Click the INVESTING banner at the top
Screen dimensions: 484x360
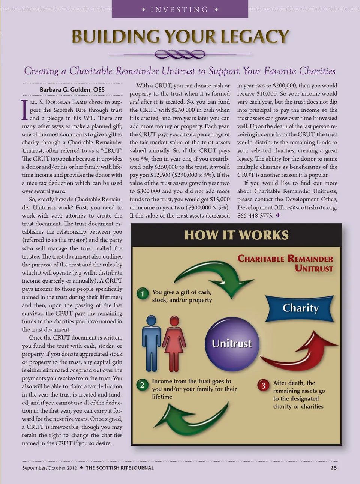(x=180, y=9)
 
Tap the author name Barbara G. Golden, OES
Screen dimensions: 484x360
(x=72, y=89)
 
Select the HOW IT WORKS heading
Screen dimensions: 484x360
(x=236, y=235)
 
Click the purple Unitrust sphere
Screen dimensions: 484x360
(x=232, y=343)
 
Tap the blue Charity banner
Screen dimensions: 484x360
(x=300, y=308)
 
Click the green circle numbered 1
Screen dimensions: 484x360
(x=142, y=293)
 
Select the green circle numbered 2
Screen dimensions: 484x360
(x=142, y=385)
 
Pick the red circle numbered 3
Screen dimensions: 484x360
(x=263, y=385)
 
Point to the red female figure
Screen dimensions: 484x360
(x=174, y=342)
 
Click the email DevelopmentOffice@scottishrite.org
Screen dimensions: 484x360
(x=287, y=207)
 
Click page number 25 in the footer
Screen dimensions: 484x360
(x=333, y=468)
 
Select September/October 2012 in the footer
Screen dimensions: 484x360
(x=49, y=468)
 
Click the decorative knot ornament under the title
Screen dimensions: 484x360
(x=180, y=54)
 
